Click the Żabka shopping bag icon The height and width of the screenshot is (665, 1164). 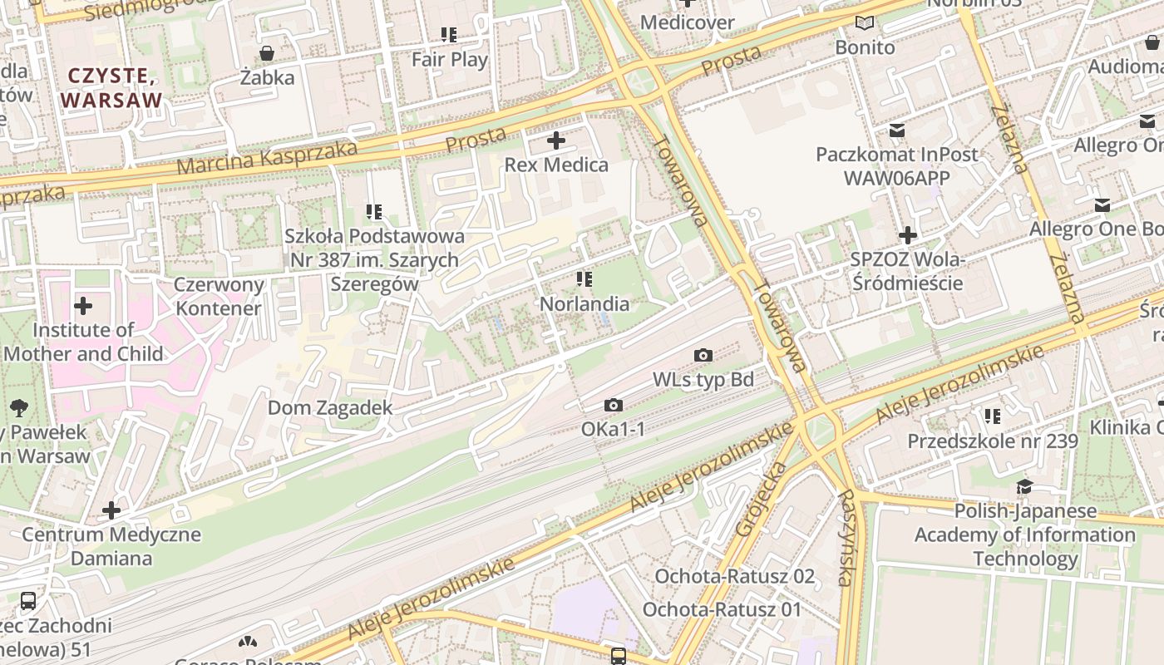coord(267,54)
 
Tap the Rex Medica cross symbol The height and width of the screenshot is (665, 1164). coord(556,140)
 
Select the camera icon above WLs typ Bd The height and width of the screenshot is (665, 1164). coord(703,356)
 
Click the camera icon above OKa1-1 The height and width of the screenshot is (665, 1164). coord(614,406)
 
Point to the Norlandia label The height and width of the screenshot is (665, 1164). coord(584,304)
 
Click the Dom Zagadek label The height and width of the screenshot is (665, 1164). coord(329,408)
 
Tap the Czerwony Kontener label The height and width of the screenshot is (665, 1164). coord(219,297)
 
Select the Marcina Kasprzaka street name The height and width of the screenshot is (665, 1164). coord(267,159)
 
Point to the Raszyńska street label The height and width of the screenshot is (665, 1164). coord(846,538)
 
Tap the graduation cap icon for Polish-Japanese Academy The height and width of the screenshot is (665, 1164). coord(1024,487)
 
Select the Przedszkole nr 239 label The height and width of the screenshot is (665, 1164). coord(992,441)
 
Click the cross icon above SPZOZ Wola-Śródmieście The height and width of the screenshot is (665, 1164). coord(907,235)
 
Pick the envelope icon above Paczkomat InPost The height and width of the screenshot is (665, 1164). coord(897,131)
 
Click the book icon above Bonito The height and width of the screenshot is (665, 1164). coord(865,23)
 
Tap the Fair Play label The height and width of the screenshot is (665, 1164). coord(450,60)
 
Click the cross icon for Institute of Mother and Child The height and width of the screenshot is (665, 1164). coord(82,305)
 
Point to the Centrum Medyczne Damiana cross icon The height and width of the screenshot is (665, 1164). coord(111,510)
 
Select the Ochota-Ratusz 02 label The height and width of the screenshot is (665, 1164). coord(734,576)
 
